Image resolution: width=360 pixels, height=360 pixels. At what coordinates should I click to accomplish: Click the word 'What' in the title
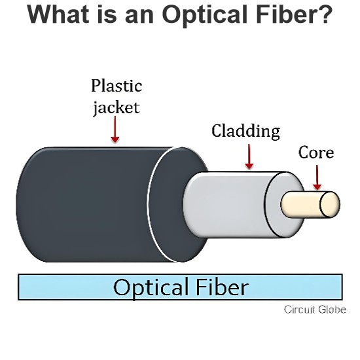pos(58,14)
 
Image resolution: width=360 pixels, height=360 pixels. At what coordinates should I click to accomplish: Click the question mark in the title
pos(325,14)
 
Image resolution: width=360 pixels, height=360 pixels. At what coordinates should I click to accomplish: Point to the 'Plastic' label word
pos(117,86)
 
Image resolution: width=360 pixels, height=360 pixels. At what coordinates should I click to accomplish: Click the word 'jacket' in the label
pos(117,108)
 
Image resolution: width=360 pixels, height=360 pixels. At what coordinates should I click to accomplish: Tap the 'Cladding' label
pos(245,131)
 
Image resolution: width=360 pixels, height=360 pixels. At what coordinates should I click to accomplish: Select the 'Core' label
pos(316,153)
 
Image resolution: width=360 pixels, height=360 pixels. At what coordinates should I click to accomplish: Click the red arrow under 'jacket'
pos(115,129)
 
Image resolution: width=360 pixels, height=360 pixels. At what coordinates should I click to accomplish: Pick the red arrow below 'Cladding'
pos(249,156)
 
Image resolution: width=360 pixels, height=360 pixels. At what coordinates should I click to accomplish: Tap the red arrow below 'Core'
pos(317,177)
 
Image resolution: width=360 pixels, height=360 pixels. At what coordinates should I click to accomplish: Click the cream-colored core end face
pos(330,205)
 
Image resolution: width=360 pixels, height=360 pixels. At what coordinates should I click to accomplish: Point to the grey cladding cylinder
pos(230,204)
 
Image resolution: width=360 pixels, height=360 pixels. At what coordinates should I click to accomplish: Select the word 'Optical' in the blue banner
pos(151,287)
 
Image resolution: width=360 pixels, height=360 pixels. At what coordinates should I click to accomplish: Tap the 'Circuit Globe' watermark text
pos(315,310)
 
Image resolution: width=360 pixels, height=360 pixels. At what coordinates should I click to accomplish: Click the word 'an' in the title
pos(139,16)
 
